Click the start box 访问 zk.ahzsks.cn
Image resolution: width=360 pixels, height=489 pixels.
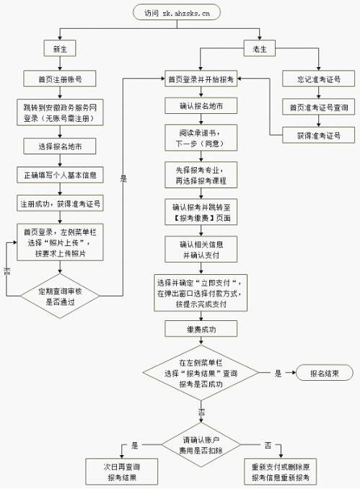[176, 12]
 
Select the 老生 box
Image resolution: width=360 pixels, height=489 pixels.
[259, 49]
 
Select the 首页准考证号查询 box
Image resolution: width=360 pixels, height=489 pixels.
[314, 107]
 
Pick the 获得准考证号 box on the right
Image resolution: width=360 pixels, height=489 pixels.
[314, 135]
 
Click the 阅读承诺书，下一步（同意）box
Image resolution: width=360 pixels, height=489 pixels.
[200, 138]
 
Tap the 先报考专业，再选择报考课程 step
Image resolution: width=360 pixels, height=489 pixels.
[200, 174]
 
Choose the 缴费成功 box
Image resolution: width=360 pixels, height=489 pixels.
[200, 329]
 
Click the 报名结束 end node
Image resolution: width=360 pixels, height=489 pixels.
[323, 373]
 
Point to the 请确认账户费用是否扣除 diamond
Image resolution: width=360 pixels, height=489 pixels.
[200, 444]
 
